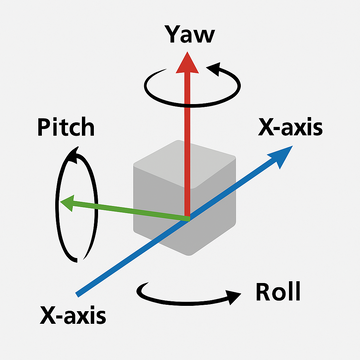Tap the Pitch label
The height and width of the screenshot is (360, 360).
point(66,128)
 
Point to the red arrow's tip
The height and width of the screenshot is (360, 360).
point(185,56)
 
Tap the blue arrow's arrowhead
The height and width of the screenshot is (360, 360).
point(286,151)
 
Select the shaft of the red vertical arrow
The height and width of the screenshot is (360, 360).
point(185,140)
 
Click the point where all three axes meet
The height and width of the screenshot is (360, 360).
point(187,218)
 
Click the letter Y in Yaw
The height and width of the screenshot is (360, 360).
point(171,35)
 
